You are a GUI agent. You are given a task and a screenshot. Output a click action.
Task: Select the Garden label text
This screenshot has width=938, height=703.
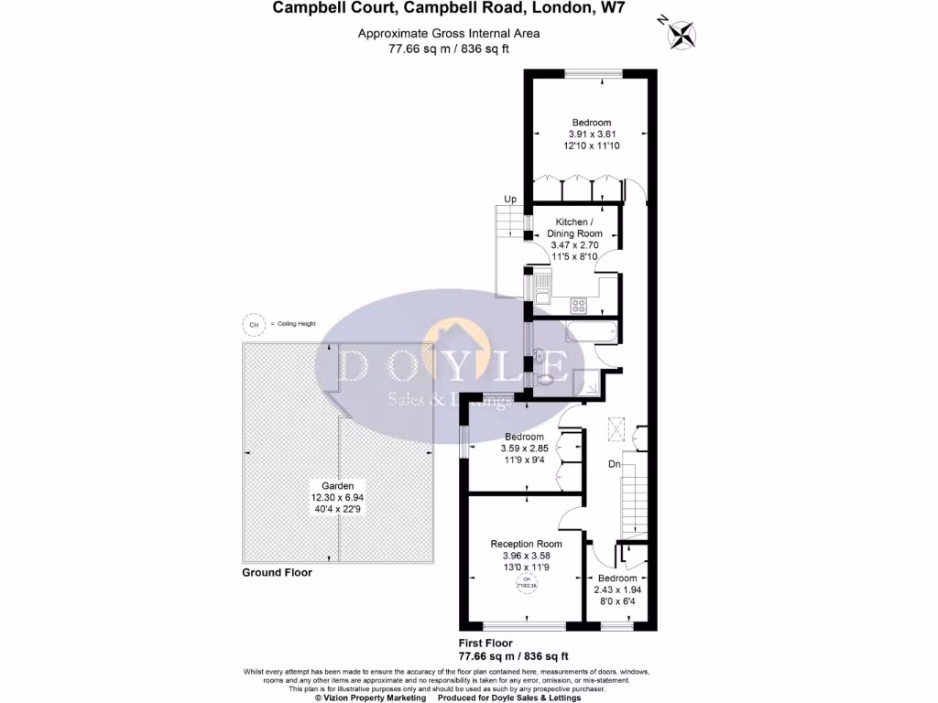click(x=337, y=486)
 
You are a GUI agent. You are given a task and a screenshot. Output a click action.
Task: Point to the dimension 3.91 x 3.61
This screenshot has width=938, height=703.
click(x=591, y=134)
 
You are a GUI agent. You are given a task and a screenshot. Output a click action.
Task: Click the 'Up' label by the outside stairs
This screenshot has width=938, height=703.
click(x=510, y=199)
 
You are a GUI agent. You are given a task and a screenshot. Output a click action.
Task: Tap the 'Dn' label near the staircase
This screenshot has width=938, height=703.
click(x=615, y=465)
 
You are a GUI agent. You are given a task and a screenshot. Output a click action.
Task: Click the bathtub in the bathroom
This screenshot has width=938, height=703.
click(x=591, y=331)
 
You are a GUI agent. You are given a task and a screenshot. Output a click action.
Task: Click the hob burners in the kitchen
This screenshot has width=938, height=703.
click(x=579, y=304)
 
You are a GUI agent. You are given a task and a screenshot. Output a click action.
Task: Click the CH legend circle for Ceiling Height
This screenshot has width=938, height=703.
click(x=253, y=324)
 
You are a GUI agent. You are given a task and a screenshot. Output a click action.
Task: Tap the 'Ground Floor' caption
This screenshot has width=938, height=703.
click(x=277, y=573)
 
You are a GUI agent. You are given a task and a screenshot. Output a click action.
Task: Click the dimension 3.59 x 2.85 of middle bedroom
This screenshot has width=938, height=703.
click(x=524, y=449)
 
